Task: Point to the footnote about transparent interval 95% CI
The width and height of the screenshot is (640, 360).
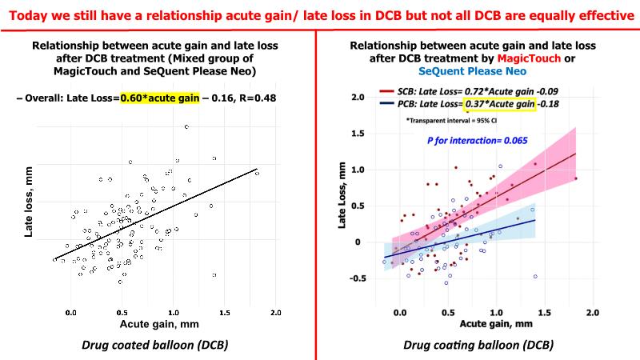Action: (x=453, y=122)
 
